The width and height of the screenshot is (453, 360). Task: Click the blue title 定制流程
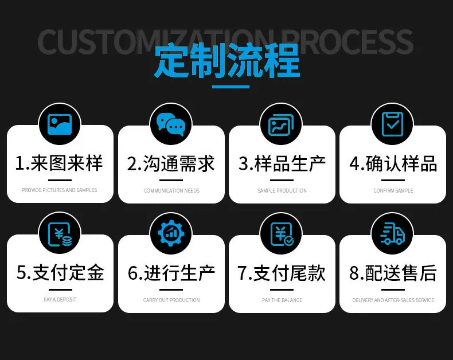pos(227,61)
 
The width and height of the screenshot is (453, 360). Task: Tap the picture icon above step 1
pos(60,124)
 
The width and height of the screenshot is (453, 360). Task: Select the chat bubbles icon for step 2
pos(171,124)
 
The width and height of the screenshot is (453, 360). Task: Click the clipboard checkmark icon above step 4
pos(392,124)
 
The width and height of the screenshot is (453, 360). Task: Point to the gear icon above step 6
pos(171,233)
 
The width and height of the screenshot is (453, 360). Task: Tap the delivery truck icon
pos(392,234)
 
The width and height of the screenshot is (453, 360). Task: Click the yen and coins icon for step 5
pos(60,234)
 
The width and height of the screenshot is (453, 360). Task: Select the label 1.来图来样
pos(59,163)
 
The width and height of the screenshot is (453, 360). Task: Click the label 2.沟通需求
pos(171,163)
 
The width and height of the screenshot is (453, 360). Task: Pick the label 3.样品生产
pos(282,163)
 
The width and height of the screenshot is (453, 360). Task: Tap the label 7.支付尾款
pos(282,273)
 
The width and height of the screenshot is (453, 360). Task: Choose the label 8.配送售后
pos(393,273)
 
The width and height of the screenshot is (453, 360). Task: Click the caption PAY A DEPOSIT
pos(60,300)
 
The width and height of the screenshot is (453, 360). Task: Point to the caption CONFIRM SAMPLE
pos(393,191)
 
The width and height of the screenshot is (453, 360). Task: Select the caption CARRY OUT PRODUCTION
pos(171,300)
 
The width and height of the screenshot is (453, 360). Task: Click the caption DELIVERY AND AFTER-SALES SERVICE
pos(393,300)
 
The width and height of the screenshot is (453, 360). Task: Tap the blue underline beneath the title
pos(231,87)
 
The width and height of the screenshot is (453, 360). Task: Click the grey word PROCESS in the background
pos(349,42)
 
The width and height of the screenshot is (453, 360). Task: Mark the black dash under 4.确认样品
pos(393,181)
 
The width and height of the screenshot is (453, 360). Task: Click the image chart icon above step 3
pos(281,124)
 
